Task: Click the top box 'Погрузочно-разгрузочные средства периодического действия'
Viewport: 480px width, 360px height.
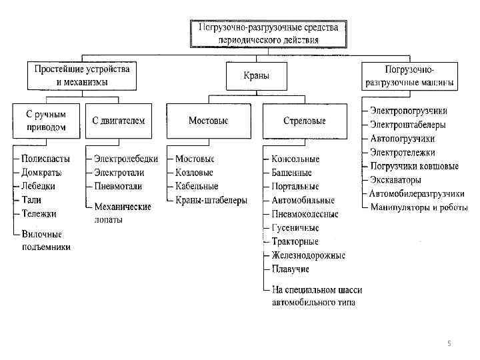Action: pos(268,33)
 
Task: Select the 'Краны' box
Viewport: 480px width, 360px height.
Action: pos(257,76)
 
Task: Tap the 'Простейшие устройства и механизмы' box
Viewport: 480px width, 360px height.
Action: pos(82,75)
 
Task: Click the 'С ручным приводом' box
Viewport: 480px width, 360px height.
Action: pos(45,121)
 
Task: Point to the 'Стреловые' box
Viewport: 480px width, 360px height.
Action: pos(305,121)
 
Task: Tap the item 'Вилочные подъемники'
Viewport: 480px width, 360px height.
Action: pos(45,241)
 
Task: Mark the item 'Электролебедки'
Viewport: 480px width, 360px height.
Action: pos(126,159)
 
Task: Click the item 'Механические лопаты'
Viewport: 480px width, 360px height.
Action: pos(122,213)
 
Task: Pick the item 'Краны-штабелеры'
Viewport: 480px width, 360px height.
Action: pos(211,200)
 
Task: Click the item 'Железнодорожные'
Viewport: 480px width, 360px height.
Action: pos(308,255)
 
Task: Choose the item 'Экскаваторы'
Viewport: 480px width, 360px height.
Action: pos(396,180)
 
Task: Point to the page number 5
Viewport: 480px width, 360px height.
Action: pos(449,343)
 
